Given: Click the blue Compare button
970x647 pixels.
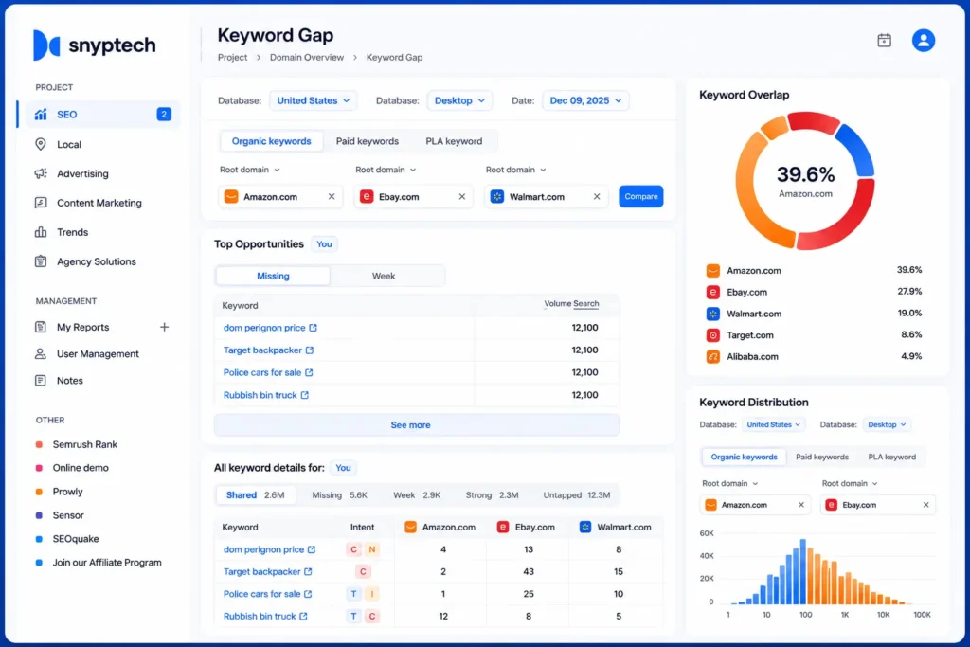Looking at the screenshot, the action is coord(641,196).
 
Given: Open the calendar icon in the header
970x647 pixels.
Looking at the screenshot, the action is coord(885,40).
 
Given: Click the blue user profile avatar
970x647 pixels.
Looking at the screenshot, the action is coord(923,40).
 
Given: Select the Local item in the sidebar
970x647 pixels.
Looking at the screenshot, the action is coord(68,144).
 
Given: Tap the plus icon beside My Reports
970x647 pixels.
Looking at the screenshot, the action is coord(164,327).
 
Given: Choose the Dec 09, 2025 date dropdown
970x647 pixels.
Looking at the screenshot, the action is coord(585,100).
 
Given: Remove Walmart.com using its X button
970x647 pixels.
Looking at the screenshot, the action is coord(597,197).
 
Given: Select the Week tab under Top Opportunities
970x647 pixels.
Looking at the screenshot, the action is coord(384,276).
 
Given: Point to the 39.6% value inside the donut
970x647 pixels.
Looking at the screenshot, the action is coord(805,174).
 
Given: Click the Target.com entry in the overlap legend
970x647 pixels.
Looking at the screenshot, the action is coord(750,335).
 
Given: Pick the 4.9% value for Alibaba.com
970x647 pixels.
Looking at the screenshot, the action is coord(911,356).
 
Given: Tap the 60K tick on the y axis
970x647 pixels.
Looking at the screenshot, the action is coord(707,533).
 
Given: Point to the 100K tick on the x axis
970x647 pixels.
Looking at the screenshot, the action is coord(922,615).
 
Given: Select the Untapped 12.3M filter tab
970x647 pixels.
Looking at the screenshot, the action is coord(577,494).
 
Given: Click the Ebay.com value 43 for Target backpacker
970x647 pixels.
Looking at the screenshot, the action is coord(529,571).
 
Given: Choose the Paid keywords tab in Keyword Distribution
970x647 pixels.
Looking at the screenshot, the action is coord(822,458).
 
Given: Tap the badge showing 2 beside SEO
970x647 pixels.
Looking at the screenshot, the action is coord(164,114).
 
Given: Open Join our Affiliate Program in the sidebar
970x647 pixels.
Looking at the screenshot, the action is coord(107,563).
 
